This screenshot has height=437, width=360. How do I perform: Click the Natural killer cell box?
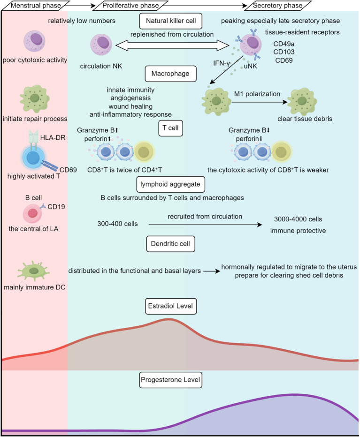tap(170, 21)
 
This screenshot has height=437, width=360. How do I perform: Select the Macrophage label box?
tap(170, 74)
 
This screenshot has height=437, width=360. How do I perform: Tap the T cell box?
tap(170, 128)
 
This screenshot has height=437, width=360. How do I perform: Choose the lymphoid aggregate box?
tap(170, 184)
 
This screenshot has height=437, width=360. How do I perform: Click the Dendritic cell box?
tap(170, 244)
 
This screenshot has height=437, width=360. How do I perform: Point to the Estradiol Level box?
tap(170, 306)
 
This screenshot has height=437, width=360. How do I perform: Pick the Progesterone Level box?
tap(170, 380)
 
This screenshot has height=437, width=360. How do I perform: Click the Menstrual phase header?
tap(36, 5)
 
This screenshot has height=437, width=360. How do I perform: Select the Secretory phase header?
tap(278, 5)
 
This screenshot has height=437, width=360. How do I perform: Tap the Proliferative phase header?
tap(130, 5)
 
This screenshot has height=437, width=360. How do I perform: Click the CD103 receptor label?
tap(284, 52)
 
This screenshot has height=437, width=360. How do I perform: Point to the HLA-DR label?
tap(53, 137)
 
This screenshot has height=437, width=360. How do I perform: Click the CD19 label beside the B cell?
tap(56, 207)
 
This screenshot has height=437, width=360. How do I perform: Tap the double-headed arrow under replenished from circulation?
tap(172, 45)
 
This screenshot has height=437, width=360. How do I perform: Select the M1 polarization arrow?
tap(259, 102)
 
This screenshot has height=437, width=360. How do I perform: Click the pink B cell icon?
tap(32, 213)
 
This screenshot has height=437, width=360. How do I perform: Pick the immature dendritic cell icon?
tap(33, 271)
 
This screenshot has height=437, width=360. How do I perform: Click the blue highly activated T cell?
tap(33, 158)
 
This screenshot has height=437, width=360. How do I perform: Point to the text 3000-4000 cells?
tap(298, 219)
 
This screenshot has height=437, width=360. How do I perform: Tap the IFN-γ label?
tap(221, 64)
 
